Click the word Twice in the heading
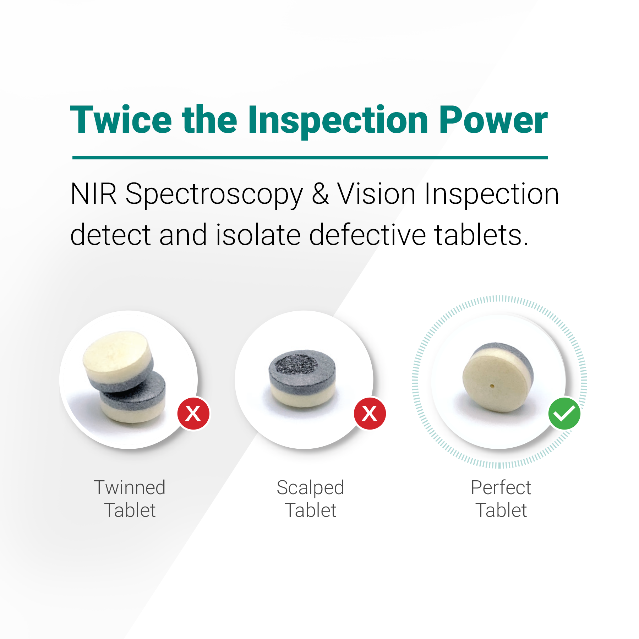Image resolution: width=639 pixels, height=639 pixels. [x=121, y=120]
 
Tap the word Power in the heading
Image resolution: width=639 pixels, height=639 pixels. [x=493, y=120]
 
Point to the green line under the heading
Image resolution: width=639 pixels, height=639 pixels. [x=310, y=157]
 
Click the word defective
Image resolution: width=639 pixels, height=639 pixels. [x=367, y=235]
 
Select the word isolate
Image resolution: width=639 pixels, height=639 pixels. [x=258, y=235]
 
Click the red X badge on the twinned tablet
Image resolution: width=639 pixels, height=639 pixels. [x=193, y=414]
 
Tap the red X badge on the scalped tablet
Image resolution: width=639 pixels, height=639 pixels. [x=370, y=414]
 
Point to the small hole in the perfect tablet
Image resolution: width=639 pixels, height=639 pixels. [x=492, y=386]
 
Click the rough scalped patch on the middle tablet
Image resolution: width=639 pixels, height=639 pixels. [x=296, y=364]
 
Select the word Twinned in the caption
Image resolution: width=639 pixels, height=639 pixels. [x=130, y=487]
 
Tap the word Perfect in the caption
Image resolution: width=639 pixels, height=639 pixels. [x=501, y=487]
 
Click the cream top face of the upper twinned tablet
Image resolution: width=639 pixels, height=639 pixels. [x=116, y=350]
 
